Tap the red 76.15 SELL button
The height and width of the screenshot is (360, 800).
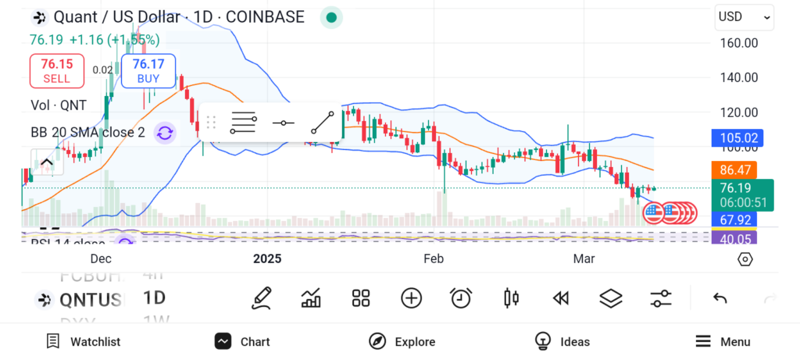(56, 70)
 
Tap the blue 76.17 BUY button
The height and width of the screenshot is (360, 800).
(148, 70)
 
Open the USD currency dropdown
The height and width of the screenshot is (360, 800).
(745, 16)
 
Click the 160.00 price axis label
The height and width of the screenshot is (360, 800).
(738, 43)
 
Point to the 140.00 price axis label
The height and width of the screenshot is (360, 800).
(738, 77)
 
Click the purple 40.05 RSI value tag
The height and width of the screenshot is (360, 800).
(739, 239)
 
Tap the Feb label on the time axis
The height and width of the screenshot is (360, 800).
(433, 258)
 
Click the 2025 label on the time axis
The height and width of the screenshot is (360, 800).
(266, 258)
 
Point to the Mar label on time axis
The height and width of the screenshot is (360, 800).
(584, 258)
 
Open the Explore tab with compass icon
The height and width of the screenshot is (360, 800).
(402, 341)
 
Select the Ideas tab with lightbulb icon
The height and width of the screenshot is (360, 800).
(562, 341)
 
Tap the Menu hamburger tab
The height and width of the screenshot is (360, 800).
(723, 341)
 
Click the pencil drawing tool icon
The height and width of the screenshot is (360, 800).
(262, 298)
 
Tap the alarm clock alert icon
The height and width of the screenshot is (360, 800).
(461, 298)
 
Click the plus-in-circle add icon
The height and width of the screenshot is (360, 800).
(411, 298)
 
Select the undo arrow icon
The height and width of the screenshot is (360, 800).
(720, 298)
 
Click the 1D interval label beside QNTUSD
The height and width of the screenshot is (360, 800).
(155, 298)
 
